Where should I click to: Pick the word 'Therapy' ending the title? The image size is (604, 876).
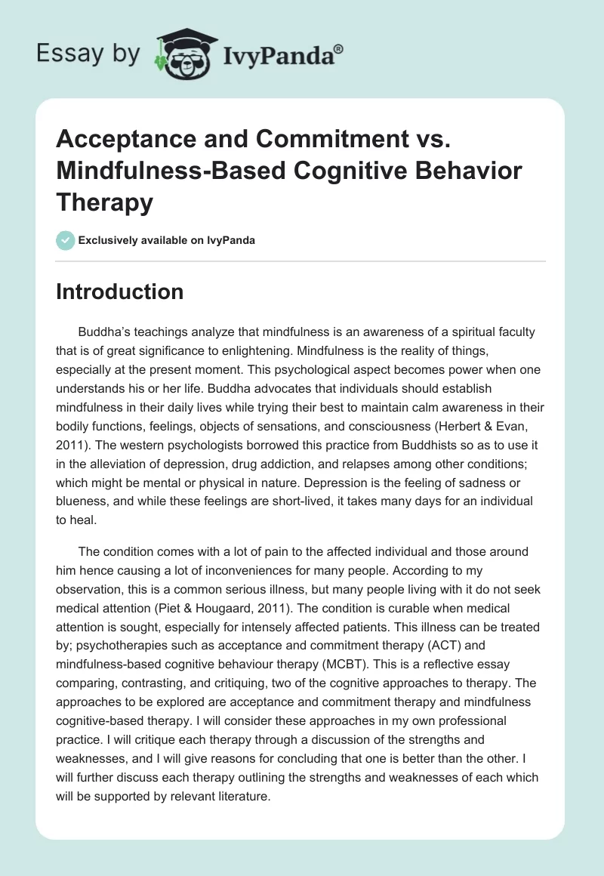point(104,202)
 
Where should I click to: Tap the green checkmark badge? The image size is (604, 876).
point(64,241)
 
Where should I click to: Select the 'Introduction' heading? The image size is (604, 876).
point(119,292)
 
